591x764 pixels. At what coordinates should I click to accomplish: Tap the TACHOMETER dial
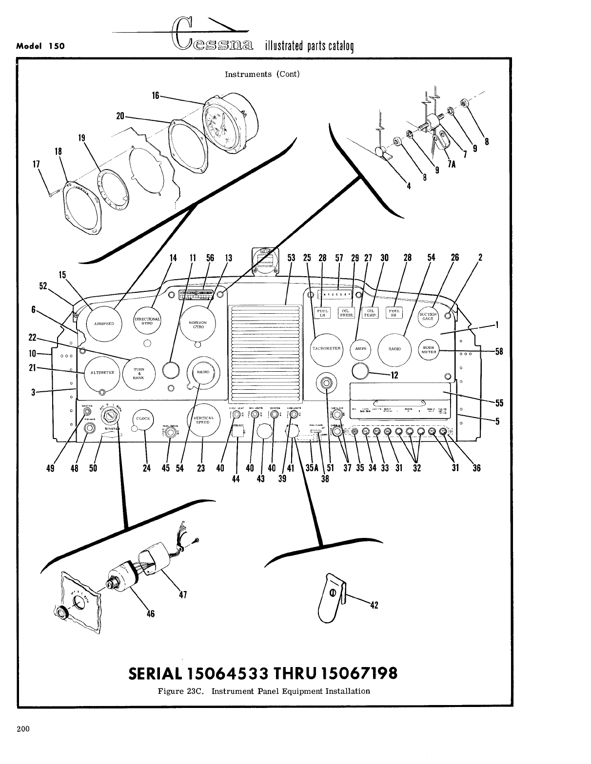(x=327, y=349)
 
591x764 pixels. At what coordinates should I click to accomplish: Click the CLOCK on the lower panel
(x=144, y=419)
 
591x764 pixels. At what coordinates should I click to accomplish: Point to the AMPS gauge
(x=361, y=349)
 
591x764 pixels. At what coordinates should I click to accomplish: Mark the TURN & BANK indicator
(x=138, y=373)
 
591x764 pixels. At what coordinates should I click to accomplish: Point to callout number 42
(x=374, y=606)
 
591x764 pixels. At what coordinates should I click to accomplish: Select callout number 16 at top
(x=156, y=96)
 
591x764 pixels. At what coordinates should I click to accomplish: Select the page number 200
(x=23, y=729)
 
